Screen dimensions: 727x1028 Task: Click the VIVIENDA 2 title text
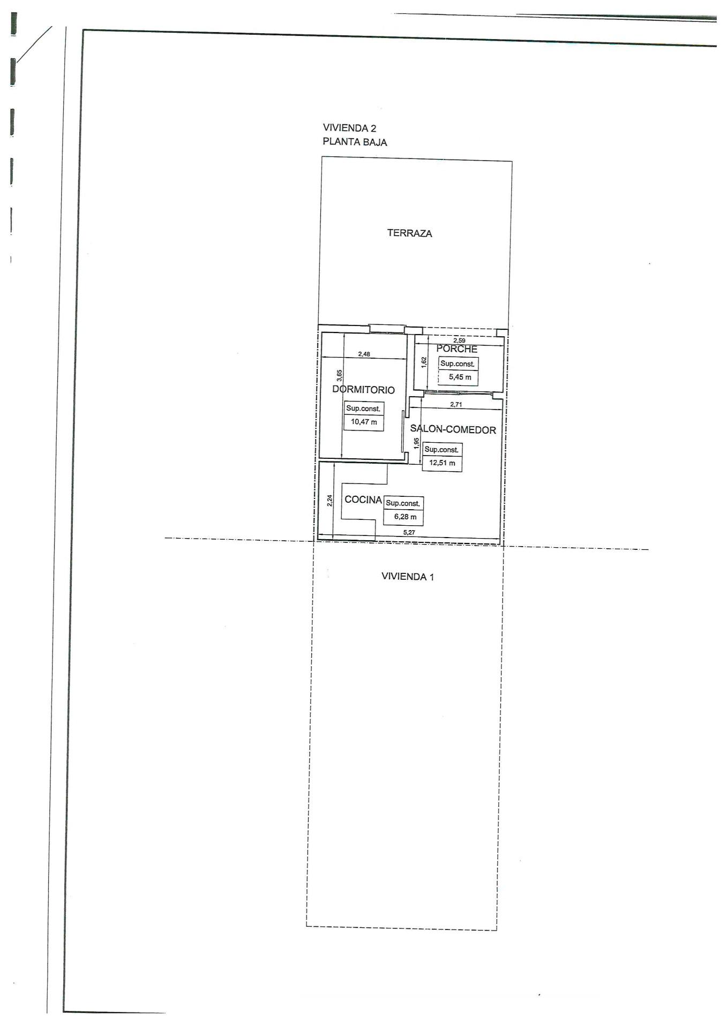pos(349,128)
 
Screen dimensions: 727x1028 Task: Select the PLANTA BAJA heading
pos(355,142)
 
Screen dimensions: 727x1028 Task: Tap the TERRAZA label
pos(409,233)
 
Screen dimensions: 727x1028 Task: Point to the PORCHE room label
pos(456,349)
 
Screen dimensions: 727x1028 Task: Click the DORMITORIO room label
pos(363,390)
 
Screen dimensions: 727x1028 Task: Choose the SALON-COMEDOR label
pos(453,429)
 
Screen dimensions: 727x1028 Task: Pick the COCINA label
pos(363,500)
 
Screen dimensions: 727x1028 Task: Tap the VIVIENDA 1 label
pos(407,577)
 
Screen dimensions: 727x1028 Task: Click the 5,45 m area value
pos(460,377)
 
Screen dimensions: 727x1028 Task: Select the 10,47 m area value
pos(364,422)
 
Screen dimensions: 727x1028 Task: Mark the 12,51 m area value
pos(442,463)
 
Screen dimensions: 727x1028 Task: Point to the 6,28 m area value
pos(405,517)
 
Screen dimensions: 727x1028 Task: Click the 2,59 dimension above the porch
pos(459,341)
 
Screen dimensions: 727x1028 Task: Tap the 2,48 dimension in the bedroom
pos(364,354)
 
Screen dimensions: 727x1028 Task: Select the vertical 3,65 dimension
pos(339,375)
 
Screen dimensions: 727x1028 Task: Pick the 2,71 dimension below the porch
pos(456,405)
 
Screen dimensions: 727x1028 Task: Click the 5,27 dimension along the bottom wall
pos(409,533)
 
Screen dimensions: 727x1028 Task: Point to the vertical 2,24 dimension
pos(330,501)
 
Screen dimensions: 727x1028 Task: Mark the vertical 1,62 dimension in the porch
pos(424,362)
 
